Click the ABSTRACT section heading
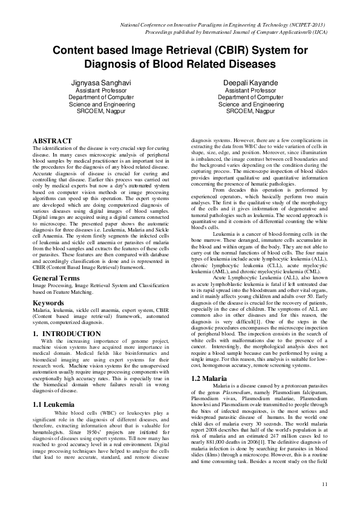(52, 141)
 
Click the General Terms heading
(56, 261)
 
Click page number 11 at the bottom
(325, 484)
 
